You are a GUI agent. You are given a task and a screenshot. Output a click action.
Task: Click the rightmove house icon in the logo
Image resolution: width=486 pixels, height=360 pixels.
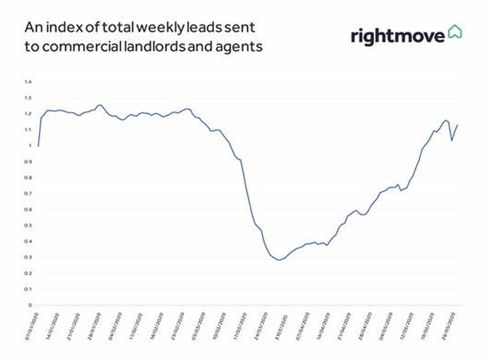(x=455, y=33)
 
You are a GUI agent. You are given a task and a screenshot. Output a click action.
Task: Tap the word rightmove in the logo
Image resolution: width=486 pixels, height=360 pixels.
(x=396, y=35)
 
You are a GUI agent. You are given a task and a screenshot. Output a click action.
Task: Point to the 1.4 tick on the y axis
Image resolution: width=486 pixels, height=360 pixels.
(x=28, y=82)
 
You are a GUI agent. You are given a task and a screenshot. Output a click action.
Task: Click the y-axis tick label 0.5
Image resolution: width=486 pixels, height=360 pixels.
(x=28, y=225)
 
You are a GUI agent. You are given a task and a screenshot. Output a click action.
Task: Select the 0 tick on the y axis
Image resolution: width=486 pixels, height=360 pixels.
(x=30, y=305)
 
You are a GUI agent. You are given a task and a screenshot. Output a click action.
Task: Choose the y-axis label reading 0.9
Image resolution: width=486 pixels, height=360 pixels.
(x=28, y=162)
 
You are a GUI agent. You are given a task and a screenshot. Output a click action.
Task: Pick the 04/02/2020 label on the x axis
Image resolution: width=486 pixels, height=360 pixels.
(x=115, y=326)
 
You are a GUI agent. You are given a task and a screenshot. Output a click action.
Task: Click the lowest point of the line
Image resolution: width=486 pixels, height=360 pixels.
(x=279, y=259)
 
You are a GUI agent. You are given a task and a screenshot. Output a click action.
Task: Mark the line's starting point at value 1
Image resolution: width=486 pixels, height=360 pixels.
(x=38, y=146)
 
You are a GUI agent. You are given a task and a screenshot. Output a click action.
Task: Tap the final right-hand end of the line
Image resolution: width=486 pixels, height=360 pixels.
(x=458, y=125)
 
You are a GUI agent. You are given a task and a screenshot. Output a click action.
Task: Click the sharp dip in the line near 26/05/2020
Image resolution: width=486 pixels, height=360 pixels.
(x=452, y=140)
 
